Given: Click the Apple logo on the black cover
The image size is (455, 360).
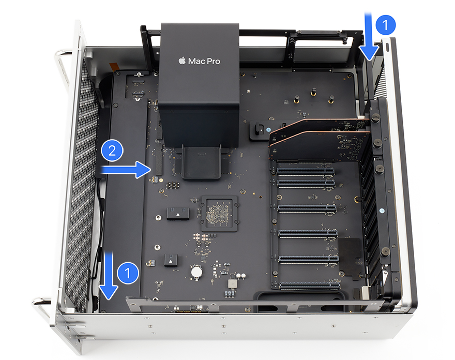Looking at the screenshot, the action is click(x=182, y=61).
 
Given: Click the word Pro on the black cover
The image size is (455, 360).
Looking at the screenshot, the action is click(x=213, y=61).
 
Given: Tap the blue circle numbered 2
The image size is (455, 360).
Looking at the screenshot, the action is click(x=112, y=151).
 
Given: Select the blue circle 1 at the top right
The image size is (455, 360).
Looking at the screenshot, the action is click(x=385, y=25).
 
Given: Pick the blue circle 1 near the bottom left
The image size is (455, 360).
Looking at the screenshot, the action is click(x=128, y=273).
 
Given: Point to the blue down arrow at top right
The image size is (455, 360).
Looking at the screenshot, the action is click(x=369, y=36).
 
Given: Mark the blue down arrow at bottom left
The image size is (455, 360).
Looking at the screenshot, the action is click(x=109, y=276).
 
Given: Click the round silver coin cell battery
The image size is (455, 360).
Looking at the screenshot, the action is click(x=197, y=272).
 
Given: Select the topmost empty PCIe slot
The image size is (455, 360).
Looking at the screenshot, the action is click(x=306, y=171).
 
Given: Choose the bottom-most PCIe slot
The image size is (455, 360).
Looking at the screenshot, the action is click(x=310, y=285).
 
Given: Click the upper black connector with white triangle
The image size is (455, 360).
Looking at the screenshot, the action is click(x=178, y=214).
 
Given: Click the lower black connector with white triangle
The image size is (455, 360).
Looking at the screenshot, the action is click(x=171, y=260).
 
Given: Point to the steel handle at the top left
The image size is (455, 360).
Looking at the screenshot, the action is click(x=63, y=67).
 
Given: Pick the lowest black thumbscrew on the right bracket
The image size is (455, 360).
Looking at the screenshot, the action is click(x=385, y=251).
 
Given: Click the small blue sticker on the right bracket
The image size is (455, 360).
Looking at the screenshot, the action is click(x=382, y=211).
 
